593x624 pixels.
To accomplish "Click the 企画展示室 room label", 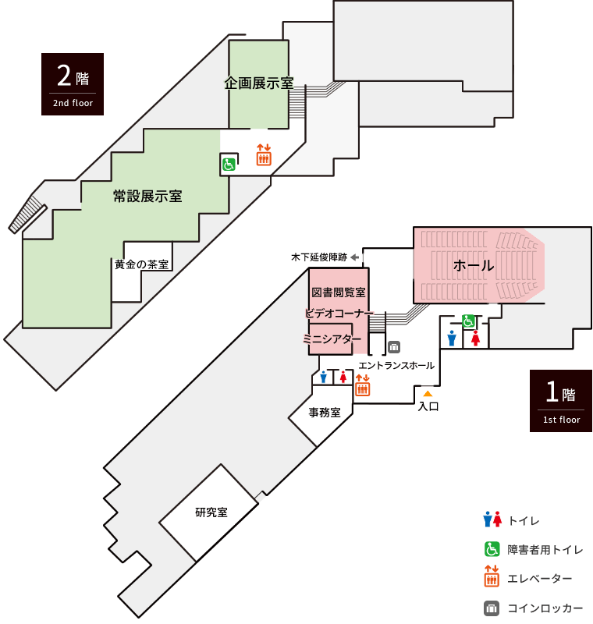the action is pos(259,83).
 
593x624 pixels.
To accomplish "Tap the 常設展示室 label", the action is pos(147,197).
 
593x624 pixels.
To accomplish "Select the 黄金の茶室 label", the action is pos(142,264).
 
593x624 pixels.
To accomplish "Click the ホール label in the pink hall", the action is pos(474,265).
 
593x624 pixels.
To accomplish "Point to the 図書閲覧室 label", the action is pos(339,292).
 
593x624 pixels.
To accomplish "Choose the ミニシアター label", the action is pos(332,339).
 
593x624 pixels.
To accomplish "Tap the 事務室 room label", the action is pos(325,413).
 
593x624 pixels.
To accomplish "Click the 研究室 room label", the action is pos(211,512).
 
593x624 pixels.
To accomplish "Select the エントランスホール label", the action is pos(396,365).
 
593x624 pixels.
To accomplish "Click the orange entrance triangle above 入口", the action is pos(428,394).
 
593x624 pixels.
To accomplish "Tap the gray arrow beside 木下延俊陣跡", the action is pos(355,257).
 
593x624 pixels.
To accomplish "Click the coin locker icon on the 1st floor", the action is pos(394,347).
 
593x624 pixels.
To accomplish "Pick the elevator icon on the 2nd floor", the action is pos(264,155).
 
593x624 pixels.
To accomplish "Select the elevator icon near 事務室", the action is pos(363,385).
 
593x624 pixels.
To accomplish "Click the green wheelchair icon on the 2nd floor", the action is pos(229,164).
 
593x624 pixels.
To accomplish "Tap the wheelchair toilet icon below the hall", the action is pos(468,321).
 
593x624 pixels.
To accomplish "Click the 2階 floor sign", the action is pos(73,84).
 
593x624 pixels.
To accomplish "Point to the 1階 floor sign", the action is pos(561,401).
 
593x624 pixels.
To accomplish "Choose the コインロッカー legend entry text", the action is pos(545,608).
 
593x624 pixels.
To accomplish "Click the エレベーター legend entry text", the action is pos(540,579).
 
